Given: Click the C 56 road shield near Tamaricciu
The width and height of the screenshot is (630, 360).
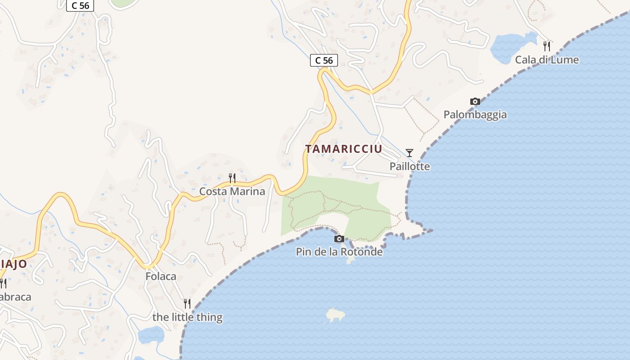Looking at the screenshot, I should pos(324,60).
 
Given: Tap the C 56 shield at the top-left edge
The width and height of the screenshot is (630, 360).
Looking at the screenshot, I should pos(80,6).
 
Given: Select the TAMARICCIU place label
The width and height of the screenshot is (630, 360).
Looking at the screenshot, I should pos(344,149).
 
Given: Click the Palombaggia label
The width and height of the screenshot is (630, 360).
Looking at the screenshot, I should pos(475,115).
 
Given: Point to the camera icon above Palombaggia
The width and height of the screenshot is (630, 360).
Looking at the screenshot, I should pos(475,102).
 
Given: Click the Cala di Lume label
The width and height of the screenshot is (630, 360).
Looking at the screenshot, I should pos(547,60).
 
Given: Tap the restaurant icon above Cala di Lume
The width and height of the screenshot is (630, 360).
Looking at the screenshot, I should pos(547,46).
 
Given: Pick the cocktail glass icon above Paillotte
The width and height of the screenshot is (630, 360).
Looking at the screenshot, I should pos(409,153).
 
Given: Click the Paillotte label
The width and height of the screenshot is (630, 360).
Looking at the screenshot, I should pos(409,166).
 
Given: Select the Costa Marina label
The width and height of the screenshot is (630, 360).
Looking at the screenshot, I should pos(232,191).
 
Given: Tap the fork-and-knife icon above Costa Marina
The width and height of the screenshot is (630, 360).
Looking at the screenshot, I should pos(232,178).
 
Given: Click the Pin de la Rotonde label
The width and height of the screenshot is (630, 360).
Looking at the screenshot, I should pos(339,252).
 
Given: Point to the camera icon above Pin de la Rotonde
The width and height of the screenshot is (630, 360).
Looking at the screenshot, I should pos(339,239).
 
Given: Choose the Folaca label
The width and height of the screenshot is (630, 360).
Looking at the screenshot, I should pos(161,276).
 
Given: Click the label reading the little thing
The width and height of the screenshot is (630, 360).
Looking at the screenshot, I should pos(187,317).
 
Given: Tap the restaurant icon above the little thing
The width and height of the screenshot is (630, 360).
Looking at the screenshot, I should pos(187,304).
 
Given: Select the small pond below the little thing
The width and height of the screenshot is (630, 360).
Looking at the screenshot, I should pos(151,335).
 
